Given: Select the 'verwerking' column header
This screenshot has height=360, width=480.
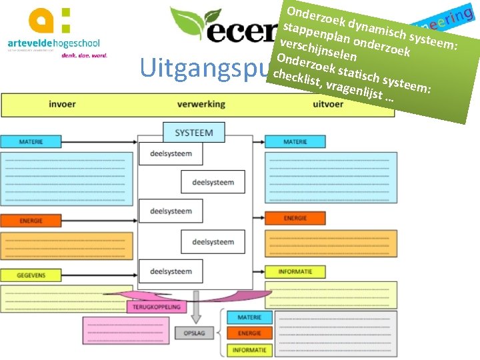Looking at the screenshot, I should [x=201, y=105].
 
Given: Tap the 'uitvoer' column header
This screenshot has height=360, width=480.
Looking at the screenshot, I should [x=328, y=105].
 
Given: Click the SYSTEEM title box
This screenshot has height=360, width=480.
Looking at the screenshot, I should [x=194, y=133].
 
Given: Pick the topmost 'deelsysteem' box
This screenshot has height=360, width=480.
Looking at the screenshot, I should [x=171, y=154].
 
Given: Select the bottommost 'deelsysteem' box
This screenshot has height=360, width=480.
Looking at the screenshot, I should [x=171, y=271].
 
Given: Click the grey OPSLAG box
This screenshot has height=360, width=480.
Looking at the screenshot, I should [x=195, y=333].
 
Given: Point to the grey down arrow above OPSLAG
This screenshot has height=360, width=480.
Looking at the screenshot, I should [x=195, y=311].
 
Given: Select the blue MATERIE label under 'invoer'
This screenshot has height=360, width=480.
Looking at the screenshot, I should [x=31, y=142].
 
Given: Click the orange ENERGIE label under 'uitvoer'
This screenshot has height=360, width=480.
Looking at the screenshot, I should [x=295, y=218].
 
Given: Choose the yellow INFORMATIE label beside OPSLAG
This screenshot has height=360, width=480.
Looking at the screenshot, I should [x=250, y=349].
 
